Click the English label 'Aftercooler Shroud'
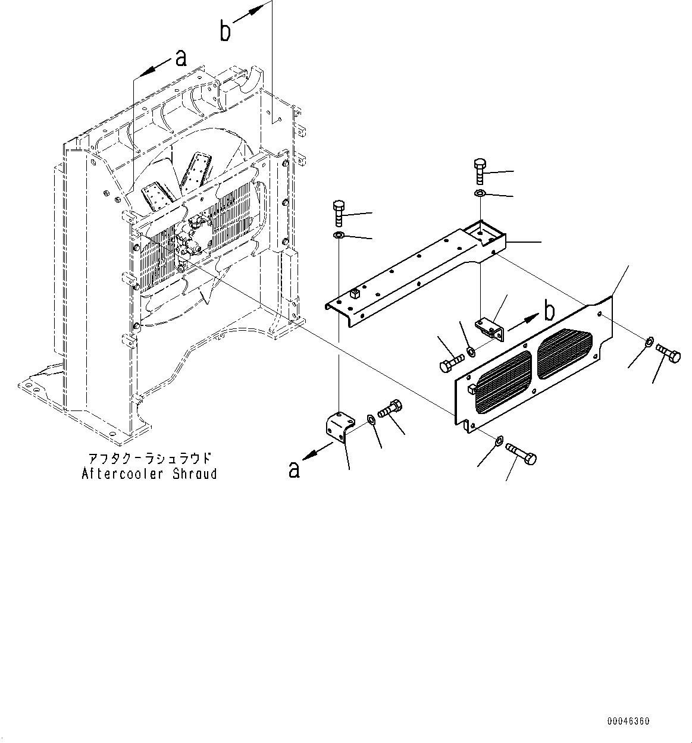(149, 474)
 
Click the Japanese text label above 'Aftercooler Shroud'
(149, 459)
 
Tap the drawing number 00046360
(628, 721)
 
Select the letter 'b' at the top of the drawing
(225, 32)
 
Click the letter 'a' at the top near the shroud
(180, 58)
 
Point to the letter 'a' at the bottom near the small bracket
(294, 469)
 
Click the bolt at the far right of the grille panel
(668, 356)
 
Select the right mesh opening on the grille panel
(564, 355)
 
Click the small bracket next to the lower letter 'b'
(490, 328)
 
